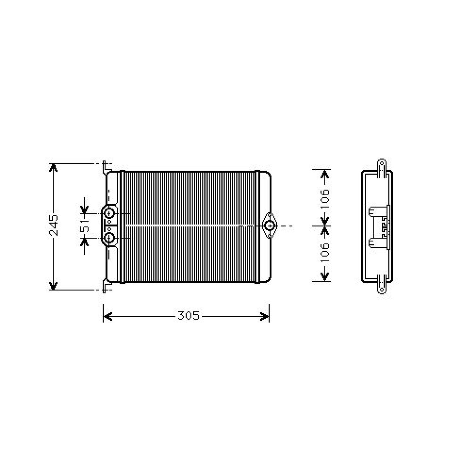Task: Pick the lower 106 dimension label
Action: pos(325,253)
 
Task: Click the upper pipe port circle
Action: pos(109,214)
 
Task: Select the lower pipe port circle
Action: pos(109,238)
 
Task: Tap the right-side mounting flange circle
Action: pos(270,226)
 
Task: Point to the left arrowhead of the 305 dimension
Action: pos(107,316)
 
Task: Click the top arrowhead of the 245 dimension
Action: pos(53,167)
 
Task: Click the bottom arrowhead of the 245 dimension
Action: pos(53,286)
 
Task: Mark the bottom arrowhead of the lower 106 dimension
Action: pos(325,277)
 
